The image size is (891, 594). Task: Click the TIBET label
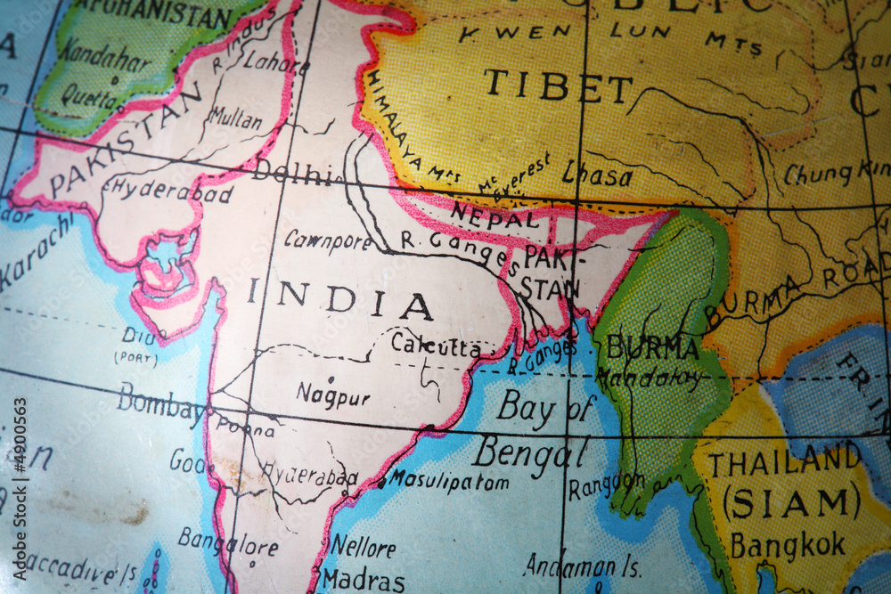pyautogui.click(x=558, y=86)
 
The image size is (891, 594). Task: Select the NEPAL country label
pyautogui.click(x=495, y=216)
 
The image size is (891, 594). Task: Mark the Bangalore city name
pyautogui.click(x=227, y=541)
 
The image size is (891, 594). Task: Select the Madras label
pyautogui.click(x=363, y=580)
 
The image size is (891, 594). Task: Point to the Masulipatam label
pyautogui.click(x=448, y=481)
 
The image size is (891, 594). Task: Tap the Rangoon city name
pyautogui.click(x=606, y=485)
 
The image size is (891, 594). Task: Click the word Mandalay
pyautogui.click(x=649, y=378)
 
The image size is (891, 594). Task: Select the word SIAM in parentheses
pyautogui.click(x=791, y=503)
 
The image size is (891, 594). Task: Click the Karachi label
pyautogui.click(x=36, y=252)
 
